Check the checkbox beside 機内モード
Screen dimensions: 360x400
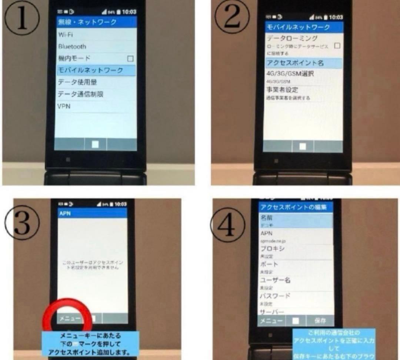(x=130, y=59)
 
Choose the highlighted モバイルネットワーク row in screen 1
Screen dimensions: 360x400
(x=96, y=70)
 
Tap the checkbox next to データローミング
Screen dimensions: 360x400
(x=337, y=46)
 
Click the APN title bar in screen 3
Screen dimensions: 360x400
(x=93, y=214)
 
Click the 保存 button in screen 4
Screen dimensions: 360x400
(x=320, y=321)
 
